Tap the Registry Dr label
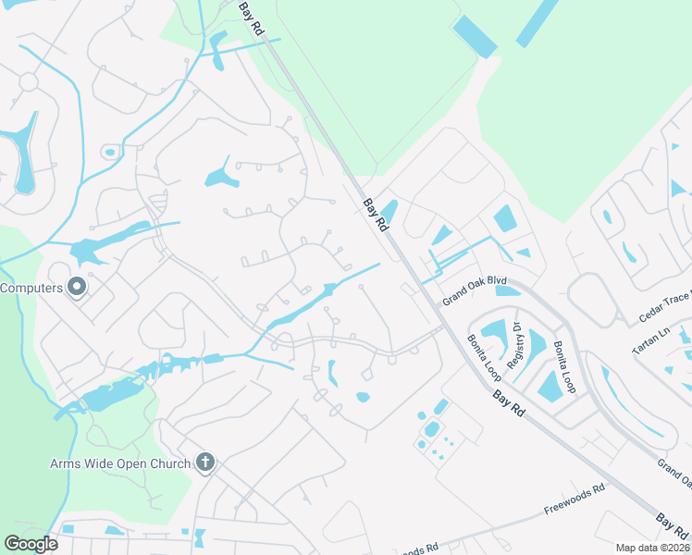pos(519,344)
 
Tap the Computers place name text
pos(31,288)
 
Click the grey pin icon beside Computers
pos(77,288)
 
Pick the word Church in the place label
pos(170,462)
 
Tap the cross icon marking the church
pos(205,462)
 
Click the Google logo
pos(31,543)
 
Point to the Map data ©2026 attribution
pos(651,548)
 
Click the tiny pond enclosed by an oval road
pos(110,152)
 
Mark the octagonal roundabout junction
pos(29,81)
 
